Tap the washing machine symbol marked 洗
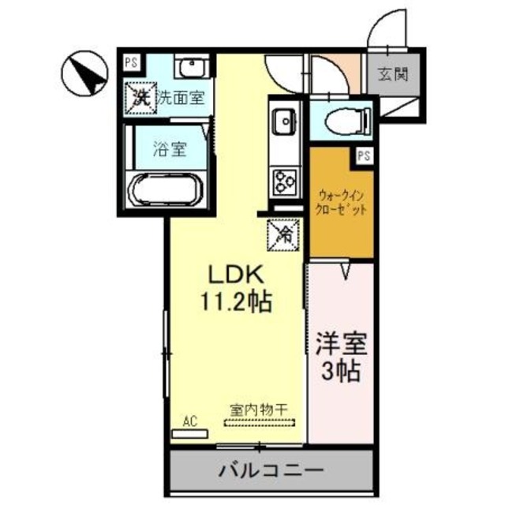point(140,99)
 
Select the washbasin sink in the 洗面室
point(190,68)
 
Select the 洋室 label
point(340,346)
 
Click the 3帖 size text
point(340,372)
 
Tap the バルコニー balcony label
point(269,469)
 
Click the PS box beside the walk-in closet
point(364,155)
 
